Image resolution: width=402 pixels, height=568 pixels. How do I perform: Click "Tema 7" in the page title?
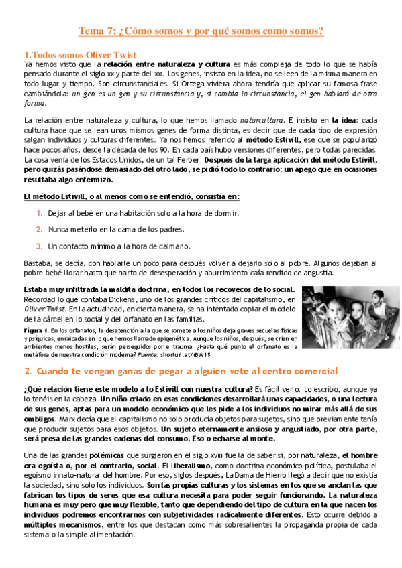[x=97, y=31]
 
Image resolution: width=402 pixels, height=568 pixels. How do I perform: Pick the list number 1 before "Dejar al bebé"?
[x=40, y=213]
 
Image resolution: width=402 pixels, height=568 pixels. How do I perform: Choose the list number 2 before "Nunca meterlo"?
[x=40, y=229]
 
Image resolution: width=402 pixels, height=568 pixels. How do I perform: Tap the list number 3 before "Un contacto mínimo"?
[x=40, y=245]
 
